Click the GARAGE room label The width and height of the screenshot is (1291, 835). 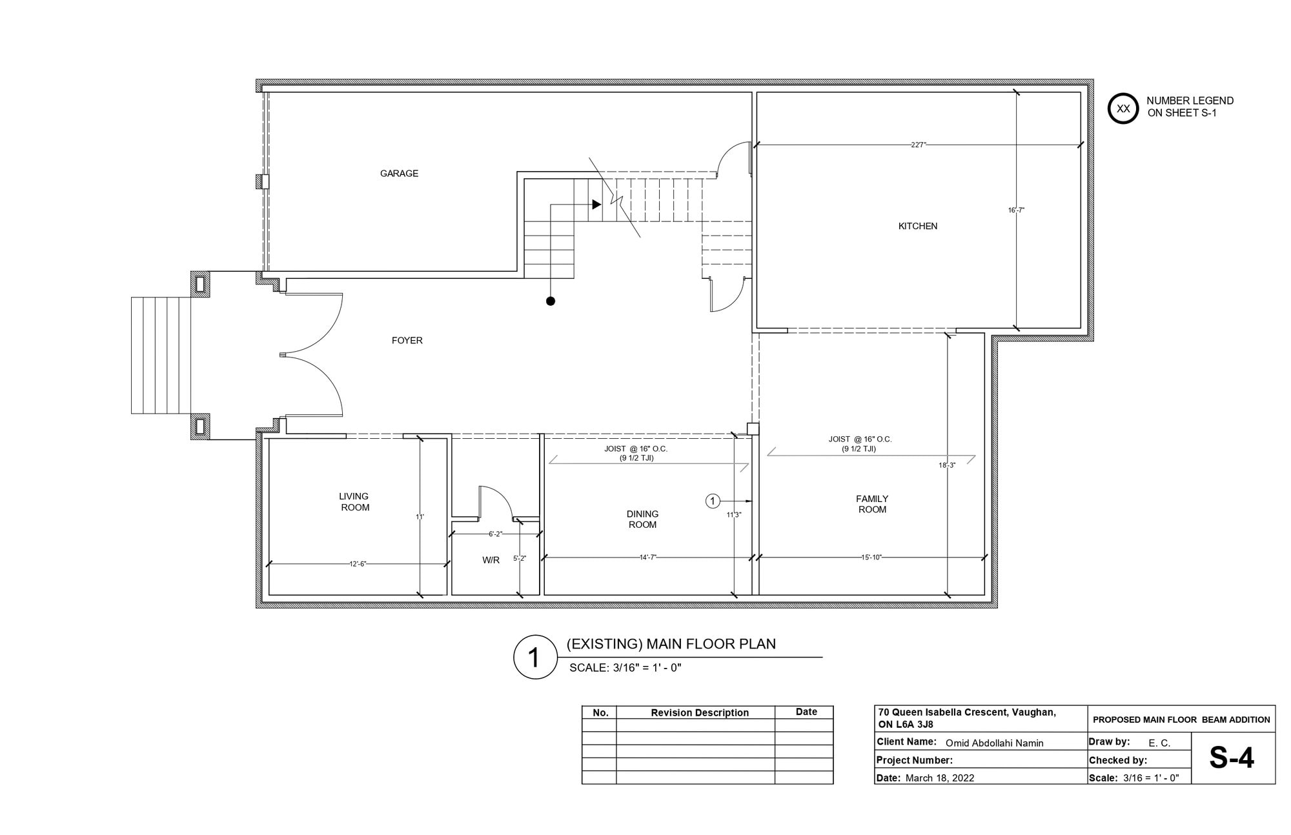399,174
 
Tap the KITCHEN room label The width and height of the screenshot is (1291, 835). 918,226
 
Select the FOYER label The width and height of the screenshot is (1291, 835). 407,341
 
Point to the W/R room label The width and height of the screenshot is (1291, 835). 491,560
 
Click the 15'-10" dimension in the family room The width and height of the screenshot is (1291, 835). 871,557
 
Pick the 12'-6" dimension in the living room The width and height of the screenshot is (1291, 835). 358,564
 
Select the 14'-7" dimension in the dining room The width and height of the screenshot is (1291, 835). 648,557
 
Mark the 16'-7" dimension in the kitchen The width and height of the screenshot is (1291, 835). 1016,210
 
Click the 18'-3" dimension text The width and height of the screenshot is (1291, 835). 947,465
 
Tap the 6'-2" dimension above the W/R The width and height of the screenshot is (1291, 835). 495,534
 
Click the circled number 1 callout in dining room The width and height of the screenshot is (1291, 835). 713,501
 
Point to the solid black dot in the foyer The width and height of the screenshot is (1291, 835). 551,301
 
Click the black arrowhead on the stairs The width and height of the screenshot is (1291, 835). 597,205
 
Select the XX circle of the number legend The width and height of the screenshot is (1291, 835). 1123,108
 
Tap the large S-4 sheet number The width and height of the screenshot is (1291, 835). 1232,758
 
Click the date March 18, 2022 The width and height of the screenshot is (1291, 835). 940,778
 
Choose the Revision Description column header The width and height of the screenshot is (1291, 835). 700,713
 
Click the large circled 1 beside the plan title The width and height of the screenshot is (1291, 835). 534,658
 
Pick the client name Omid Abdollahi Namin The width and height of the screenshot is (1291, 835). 995,743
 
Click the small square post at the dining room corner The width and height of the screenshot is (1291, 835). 753,428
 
